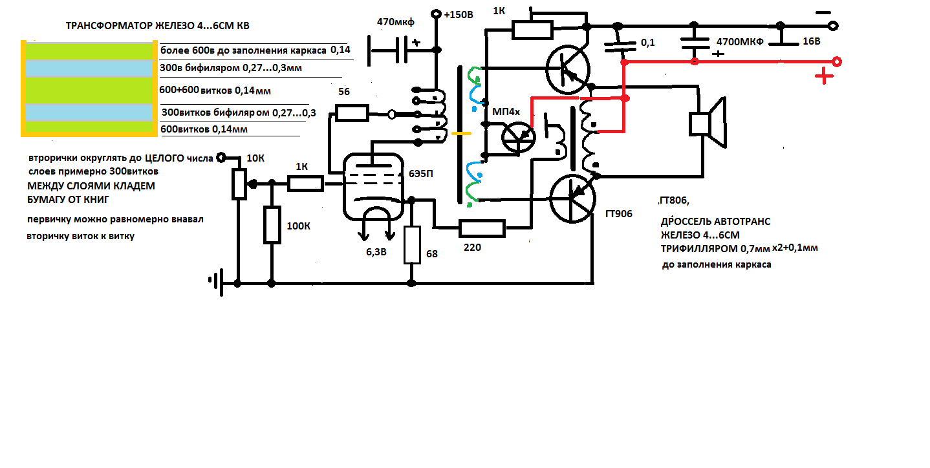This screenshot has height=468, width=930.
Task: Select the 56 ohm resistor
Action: point(351,114)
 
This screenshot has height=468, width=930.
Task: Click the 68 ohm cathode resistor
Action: point(412,245)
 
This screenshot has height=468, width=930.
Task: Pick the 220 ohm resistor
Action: point(482,228)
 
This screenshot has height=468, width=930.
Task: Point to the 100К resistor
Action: point(271,225)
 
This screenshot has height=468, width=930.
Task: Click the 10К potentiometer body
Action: point(239,182)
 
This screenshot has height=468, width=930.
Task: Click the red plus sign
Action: point(823,78)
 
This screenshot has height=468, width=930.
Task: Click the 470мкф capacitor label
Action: point(395,22)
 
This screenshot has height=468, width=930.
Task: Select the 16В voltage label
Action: point(811,41)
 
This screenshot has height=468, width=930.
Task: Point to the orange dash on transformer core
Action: point(461,134)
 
